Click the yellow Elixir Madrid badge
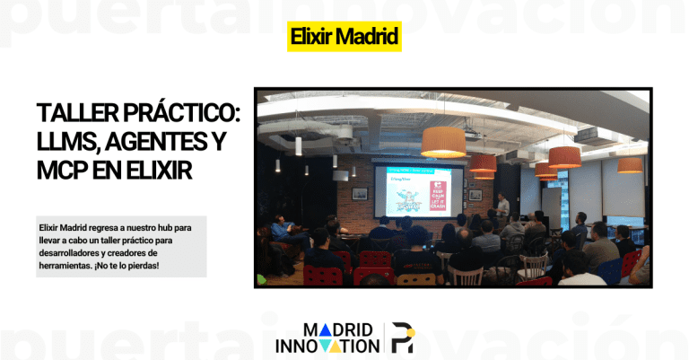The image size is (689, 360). (x=344, y=38)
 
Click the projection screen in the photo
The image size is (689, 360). (x=418, y=191)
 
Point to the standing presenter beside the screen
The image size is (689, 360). (x=503, y=210)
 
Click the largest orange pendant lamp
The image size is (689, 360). (x=443, y=141)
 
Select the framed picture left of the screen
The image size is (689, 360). (x=359, y=193)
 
